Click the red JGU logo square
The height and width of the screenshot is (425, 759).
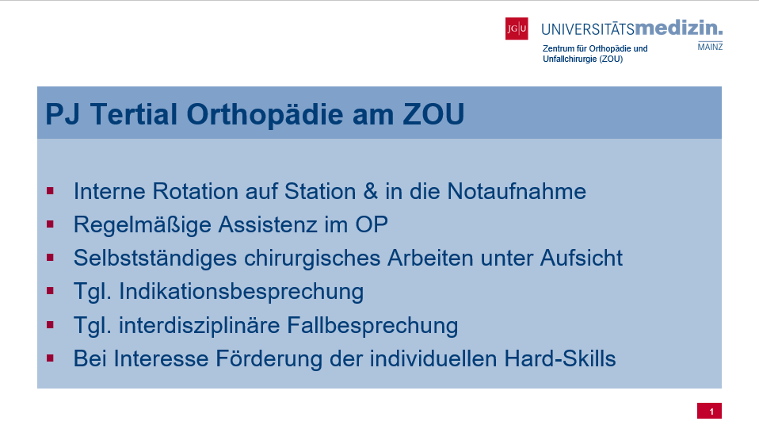(517, 29)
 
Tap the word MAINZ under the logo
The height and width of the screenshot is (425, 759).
(710, 47)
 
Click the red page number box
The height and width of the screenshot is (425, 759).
(710, 411)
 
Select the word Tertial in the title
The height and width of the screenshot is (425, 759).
(134, 114)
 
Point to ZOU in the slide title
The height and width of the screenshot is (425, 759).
(433, 114)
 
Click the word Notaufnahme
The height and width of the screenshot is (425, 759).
(517, 191)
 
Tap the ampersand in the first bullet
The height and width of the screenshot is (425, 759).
(370, 191)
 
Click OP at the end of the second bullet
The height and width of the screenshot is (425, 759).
(372, 224)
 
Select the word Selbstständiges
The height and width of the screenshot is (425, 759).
(155, 258)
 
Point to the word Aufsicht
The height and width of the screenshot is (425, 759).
(582, 258)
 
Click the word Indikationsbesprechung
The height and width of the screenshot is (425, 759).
(242, 292)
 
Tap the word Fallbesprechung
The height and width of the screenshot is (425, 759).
(372, 325)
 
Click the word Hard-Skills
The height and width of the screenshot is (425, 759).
(560, 358)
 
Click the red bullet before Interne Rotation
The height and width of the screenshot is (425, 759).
(51, 191)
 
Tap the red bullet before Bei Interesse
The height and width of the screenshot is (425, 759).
(51, 358)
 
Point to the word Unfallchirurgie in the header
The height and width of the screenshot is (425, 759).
(570, 59)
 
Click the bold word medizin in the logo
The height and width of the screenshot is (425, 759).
(678, 28)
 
